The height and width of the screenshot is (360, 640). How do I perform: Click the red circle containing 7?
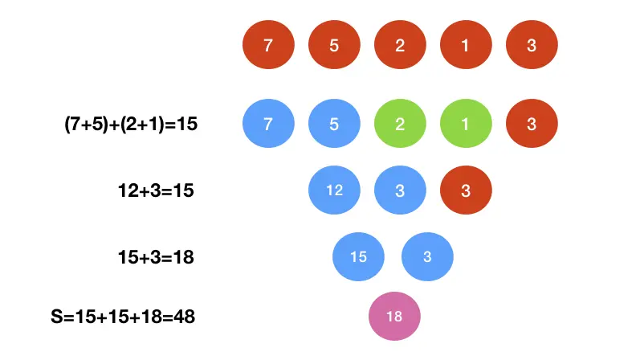pyautogui.click(x=268, y=45)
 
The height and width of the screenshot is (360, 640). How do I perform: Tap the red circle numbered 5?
pyautogui.click(x=334, y=45)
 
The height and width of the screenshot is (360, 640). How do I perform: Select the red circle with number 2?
pyautogui.click(x=400, y=45)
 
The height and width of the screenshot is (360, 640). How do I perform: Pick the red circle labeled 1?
pyautogui.click(x=466, y=45)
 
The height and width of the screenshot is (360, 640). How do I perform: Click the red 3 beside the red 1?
pyautogui.click(x=532, y=45)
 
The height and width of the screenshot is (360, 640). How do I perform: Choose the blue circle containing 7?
pyautogui.click(x=268, y=125)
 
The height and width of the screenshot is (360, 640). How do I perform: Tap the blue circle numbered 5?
pyautogui.click(x=334, y=125)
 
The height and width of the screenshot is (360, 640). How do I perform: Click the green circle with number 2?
pyautogui.click(x=400, y=125)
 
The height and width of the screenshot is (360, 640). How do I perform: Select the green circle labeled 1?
pyautogui.click(x=466, y=125)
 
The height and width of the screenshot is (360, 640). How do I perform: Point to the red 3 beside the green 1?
pyautogui.click(x=532, y=125)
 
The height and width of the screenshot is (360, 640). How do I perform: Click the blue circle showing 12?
pyautogui.click(x=334, y=191)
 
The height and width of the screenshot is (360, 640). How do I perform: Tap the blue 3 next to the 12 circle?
pyautogui.click(x=400, y=191)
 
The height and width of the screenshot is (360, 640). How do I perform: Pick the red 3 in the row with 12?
pyautogui.click(x=466, y=191)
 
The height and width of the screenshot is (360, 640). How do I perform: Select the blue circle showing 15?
pyautogui.click(x=359, y=257)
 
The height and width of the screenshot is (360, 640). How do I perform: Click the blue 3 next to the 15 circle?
pyautogui.click(x=427, y=257)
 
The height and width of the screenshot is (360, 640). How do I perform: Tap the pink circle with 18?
pyautogui.click(x=394, y=316)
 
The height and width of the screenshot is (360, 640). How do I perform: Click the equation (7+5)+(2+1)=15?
pyautogui.click(x=130, y=125)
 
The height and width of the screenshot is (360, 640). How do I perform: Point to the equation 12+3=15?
pyautogui.click(x=155, y=191)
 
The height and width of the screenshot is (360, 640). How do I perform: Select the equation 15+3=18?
pyautogui.click(x=155, y=257)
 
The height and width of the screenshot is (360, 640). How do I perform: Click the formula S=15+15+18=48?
pyautogui.click(x=123, y=317)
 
